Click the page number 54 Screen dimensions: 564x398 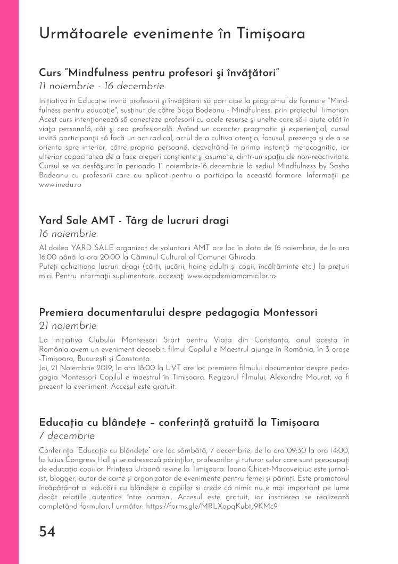47,532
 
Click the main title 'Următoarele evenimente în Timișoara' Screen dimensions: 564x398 172,34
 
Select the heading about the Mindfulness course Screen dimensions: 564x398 160,72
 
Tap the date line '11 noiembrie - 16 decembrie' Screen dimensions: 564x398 102,86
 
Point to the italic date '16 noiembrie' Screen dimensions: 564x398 68,234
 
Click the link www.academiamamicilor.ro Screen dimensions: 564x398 231,276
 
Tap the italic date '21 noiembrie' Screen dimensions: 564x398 68,326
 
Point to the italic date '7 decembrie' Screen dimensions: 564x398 67,436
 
